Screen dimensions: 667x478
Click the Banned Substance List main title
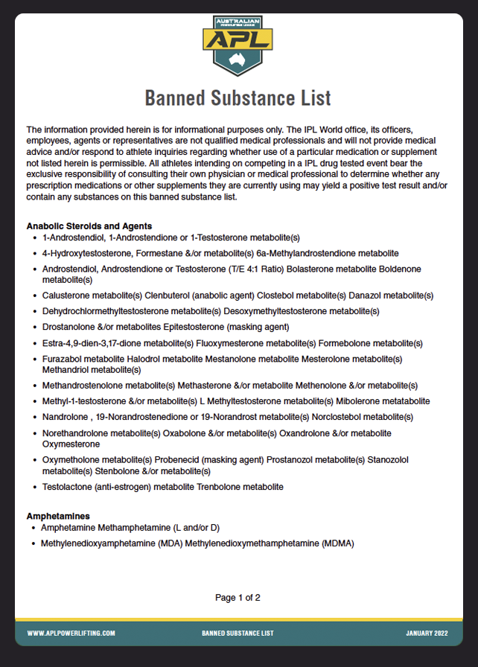click(x=238, y=98)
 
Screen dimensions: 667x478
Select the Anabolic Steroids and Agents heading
click(x=89, y=226)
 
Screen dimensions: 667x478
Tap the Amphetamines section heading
click(x=58, y=515)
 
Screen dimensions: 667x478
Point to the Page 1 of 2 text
click(x=238, y=597)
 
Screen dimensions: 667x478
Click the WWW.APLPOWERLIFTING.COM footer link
click(x=71, y=633)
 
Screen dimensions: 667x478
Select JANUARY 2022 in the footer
click(x=427, y=633)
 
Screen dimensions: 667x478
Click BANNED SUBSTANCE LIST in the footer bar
click(x=238, y=633)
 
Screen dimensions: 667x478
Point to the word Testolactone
click(x=69, y=487)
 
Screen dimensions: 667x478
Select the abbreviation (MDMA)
click(x=338, y=543)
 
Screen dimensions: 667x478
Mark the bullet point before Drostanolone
click(x=35, y=327)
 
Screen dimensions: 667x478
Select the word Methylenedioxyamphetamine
click(x=98, y=543)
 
